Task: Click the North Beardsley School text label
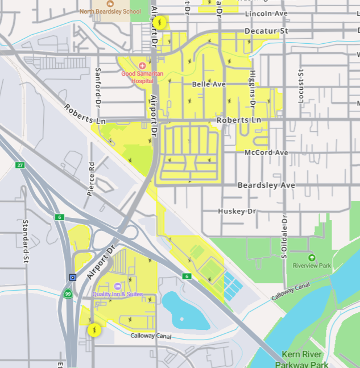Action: pyautogui.click(x=110, y=11)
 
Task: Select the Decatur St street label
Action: pyautogui.click(x=267, y=31)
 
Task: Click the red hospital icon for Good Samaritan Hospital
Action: pyautogui.click(x=142, y=66)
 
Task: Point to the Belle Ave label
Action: pyautogui.click(x=209, y=84)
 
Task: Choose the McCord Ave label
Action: pyautogui.click(x=266, y=153)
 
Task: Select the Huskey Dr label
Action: pyautogui.click(x=237, y=211)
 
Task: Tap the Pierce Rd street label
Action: pyautogui.click(x=90, y=179)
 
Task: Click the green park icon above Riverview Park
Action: pyautogui.click(x=311, y=258)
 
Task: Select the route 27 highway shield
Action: pyautogui.click(x=20, y=165)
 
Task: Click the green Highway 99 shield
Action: pyautogui.click(x=68, y=294)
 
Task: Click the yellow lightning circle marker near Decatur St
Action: pyautogui.click(x=160, y=23)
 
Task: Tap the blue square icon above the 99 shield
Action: pyautogui.click(x=73, y=278)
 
